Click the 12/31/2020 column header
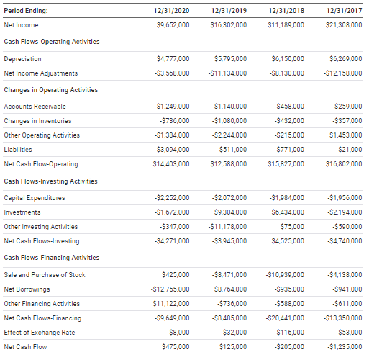(x=172, y=10)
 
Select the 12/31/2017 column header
(x=343, y=10)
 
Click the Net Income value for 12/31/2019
(x=229, y=24)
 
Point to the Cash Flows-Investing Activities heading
(x=50, y=181)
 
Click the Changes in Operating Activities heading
(x=51, y=89)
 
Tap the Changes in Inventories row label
(x=37, y=121)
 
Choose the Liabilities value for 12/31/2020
(x=173, y=150)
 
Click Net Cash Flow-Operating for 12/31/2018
(x=286, y=164)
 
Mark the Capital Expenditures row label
(x=35, y=198)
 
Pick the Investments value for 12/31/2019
(x=231, y=212)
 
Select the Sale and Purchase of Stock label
(x=45, y=275)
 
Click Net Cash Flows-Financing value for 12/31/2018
(x=286, y=318)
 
